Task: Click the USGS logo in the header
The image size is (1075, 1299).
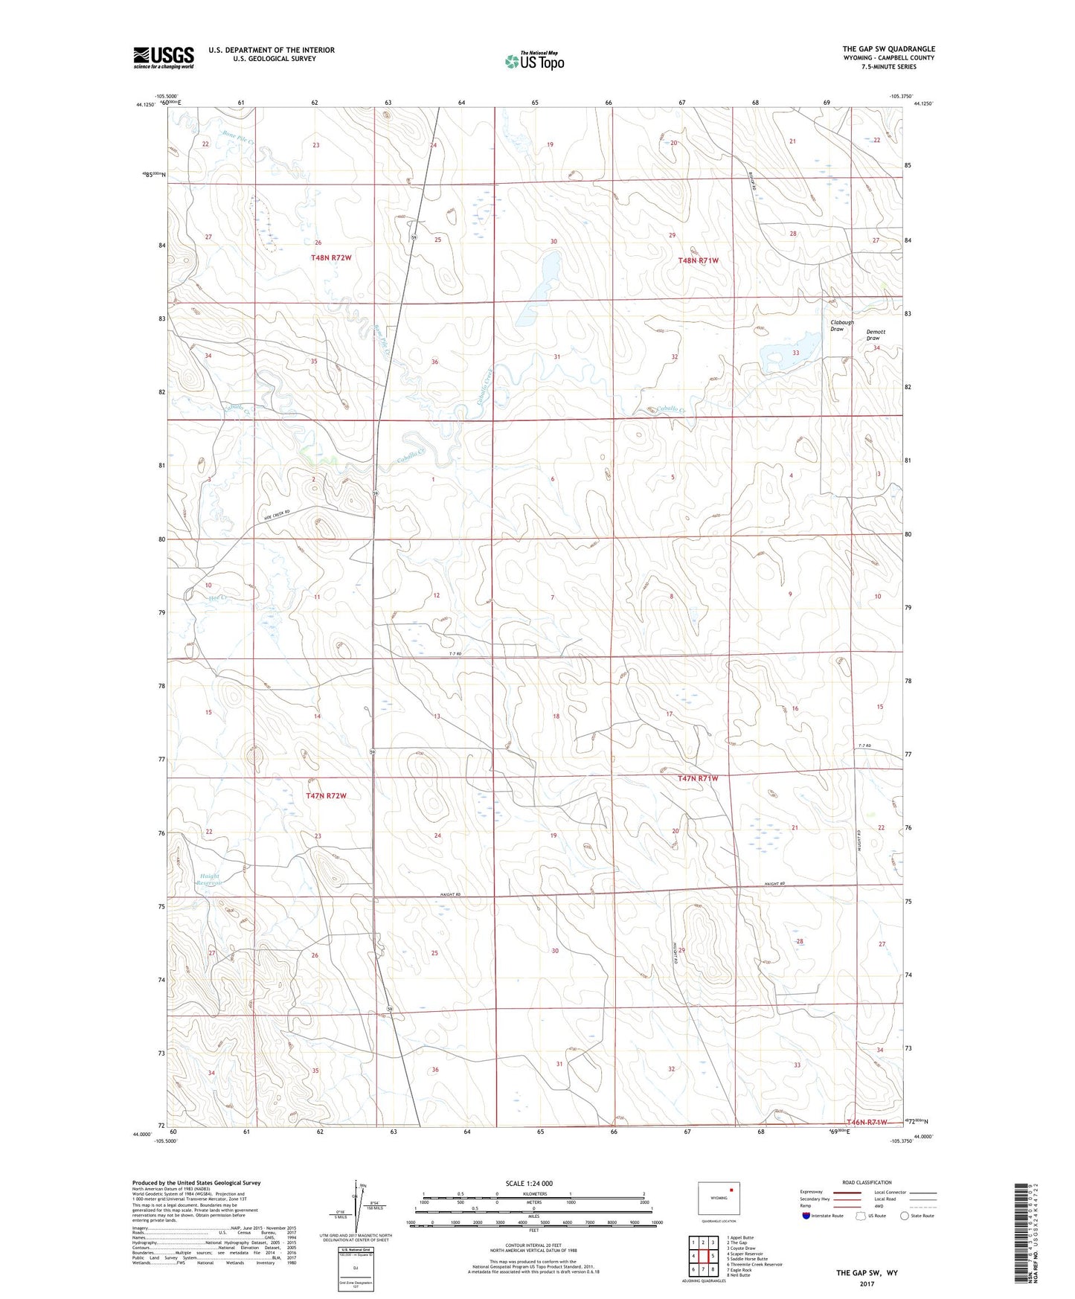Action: [x=164, y=57]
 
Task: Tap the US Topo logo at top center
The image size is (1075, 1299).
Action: [x=534, y=60]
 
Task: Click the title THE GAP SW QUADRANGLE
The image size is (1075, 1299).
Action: [x=888, y=49]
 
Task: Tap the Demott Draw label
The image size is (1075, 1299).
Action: [x=876, y=335]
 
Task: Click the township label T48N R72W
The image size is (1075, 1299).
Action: [x=331, y=257]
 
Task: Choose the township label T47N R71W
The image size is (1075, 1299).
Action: [x=698, y=778]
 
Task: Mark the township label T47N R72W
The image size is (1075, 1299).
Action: [x=327, y=796]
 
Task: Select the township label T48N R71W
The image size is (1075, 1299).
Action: [x=698, y=260]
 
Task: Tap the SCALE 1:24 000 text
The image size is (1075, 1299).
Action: [x=529, y=1183]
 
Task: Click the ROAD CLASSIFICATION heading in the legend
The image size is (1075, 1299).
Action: [x=867, y=1182]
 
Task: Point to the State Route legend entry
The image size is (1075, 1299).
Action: [x=917, y=1216]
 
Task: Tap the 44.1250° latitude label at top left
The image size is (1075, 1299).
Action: [x=145, y=105]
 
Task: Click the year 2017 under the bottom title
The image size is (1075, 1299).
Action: [x=867, y=1283]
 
